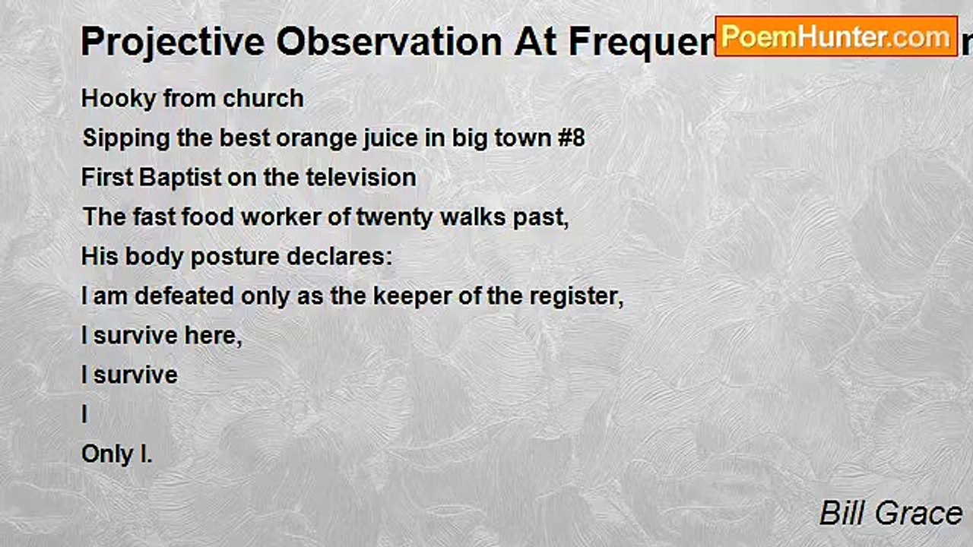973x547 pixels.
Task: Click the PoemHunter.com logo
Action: [x=836, y=36]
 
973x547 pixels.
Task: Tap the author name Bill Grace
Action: [x=891, y=514]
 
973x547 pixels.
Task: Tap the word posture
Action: [x=235, y=257]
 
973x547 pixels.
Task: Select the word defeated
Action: [x=185, y=296]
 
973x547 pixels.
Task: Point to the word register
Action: [x=581, y=296]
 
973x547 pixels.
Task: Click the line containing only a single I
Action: [x=85, y=415]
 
